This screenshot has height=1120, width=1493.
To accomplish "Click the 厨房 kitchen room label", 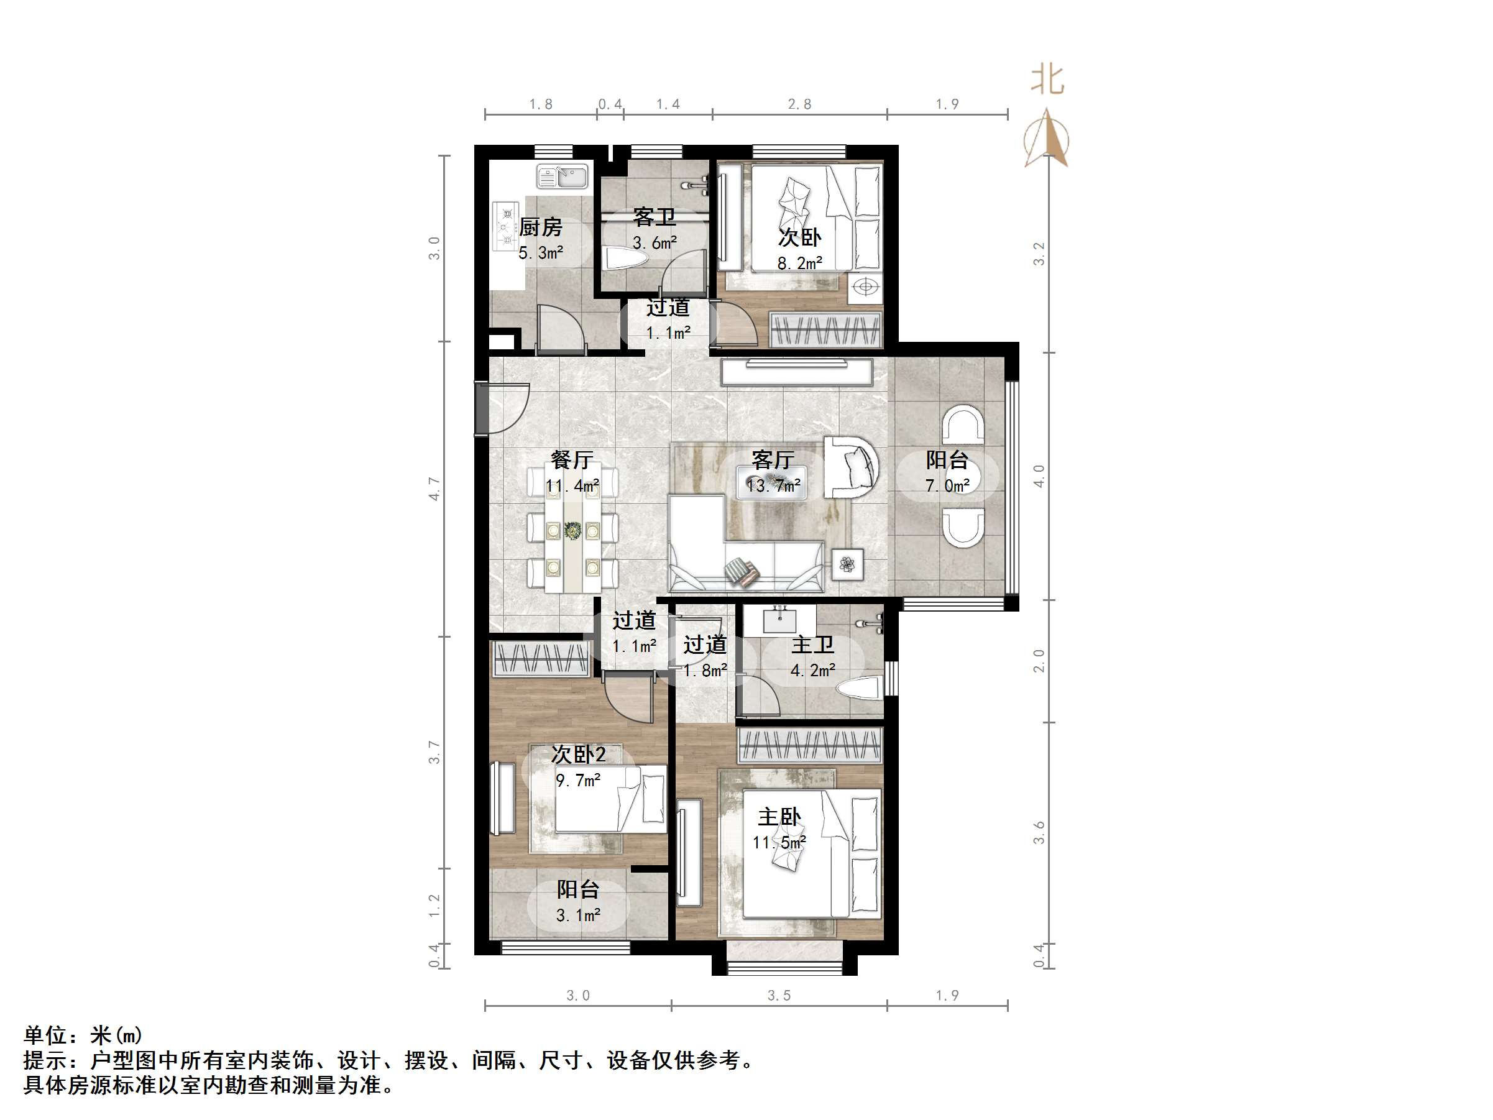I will point(541,227).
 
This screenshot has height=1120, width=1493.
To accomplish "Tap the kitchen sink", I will point(563,177).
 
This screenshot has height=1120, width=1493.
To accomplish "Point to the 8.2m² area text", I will point(800,264).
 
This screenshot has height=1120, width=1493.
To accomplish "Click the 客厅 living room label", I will point(773,460).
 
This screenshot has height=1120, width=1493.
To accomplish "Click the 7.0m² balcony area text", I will point(947,485).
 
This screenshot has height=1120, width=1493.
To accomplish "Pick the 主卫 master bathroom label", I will point(812,645).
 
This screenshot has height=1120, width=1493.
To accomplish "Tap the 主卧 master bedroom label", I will point(779,817).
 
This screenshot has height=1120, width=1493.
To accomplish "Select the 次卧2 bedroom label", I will point(579,754).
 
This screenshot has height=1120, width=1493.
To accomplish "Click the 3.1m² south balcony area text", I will point(579,916).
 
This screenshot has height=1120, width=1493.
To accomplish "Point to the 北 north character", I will point(1047,80).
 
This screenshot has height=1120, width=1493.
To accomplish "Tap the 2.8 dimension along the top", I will point(799,104).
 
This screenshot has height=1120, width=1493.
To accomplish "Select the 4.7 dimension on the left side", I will point(434,489).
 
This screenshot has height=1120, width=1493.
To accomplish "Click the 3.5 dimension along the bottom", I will point(779,995).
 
